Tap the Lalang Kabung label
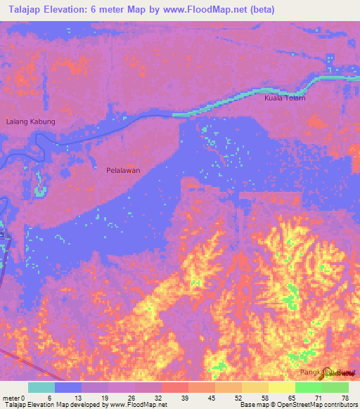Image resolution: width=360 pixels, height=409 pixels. [30, 122]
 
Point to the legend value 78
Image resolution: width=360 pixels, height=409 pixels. [345, 398]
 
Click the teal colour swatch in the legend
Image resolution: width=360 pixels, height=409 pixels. [41, 387]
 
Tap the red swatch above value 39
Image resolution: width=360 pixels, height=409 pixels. [175, 387]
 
